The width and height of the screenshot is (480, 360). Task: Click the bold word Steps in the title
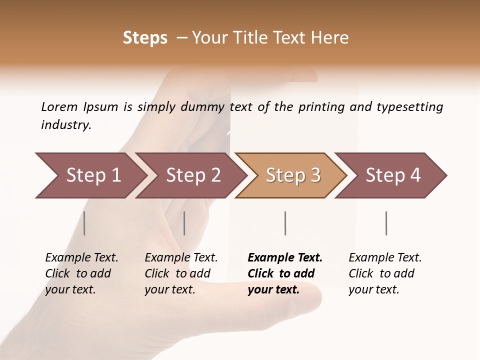point(145,38)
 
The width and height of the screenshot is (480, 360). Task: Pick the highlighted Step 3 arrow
point(293,175)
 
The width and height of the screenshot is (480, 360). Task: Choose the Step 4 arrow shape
point(393,175)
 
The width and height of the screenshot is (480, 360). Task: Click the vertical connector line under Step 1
point(84,223)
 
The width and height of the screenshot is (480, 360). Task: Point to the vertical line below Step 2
point(184,223)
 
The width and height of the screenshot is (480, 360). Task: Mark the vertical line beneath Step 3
point(285,223)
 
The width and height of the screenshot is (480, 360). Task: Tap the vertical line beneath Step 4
point(386,223)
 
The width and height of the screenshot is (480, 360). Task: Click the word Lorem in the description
point(59,106)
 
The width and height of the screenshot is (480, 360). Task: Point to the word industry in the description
point(65,125)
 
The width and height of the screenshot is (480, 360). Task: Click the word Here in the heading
point(329,38)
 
